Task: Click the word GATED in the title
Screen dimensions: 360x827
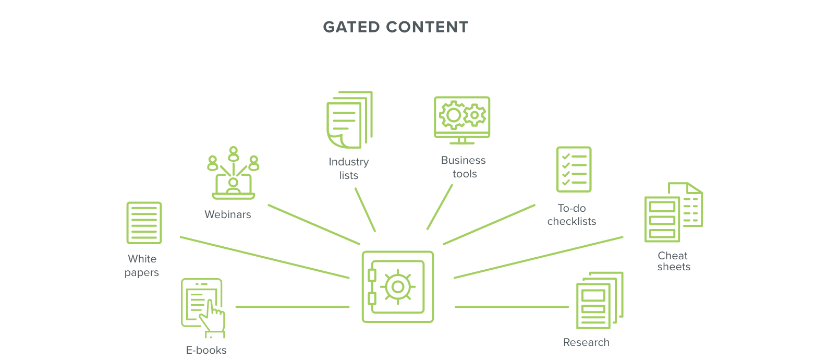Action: [352, 27]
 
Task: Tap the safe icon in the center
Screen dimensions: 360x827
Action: [398, 287]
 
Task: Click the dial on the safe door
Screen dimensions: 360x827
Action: [398, 286]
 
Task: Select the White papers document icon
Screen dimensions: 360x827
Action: [144, 223]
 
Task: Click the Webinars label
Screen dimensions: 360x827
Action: [228, 214]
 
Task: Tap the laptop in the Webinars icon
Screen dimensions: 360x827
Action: [233, 187]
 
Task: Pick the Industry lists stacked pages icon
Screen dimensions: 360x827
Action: [348, 120]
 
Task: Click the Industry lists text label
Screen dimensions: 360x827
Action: [348, 169]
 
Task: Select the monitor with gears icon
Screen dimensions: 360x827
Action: [462, 119]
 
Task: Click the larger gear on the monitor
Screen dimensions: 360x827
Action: [453, 115]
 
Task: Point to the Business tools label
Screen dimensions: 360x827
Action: [464, 167]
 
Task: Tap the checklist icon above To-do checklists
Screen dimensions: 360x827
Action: [574, 170]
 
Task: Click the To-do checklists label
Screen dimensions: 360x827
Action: [571, 214]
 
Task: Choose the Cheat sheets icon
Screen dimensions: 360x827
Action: [673, 212]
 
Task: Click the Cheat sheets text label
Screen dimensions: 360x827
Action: [673, 261]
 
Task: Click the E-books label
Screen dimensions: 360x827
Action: [206, 350]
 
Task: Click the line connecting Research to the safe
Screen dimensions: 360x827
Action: [511, 307]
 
